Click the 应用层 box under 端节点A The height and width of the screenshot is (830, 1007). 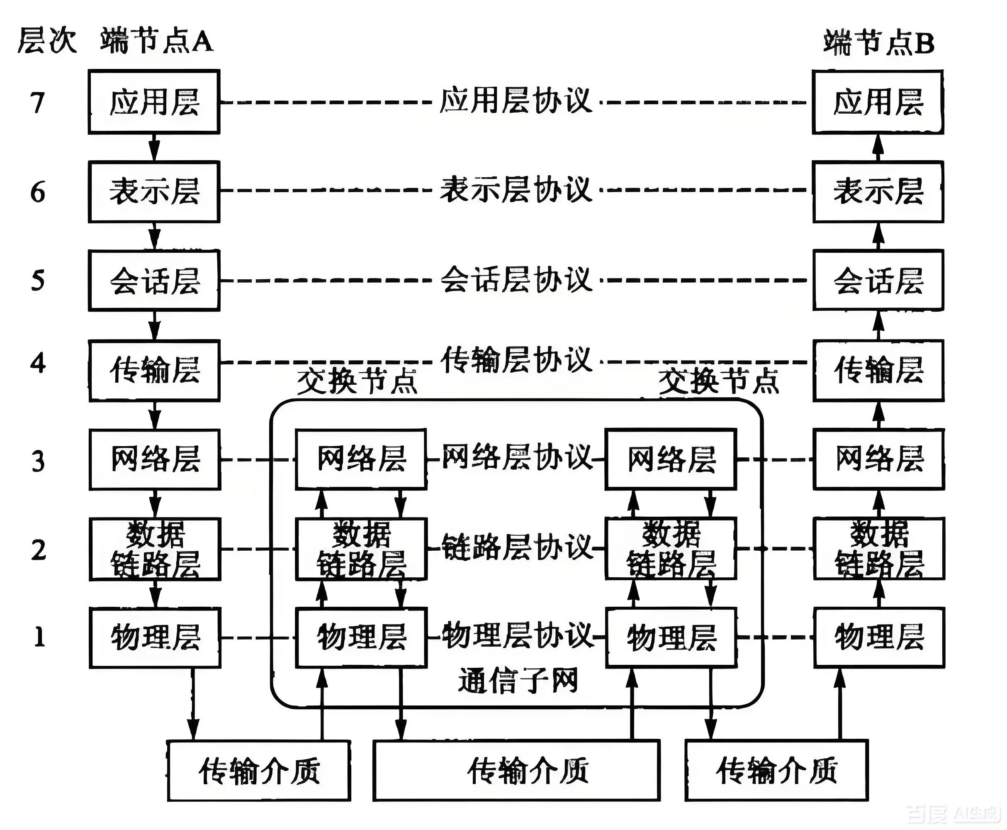(x=154, y=102)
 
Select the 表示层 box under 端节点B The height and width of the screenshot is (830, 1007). (x=878, y=192)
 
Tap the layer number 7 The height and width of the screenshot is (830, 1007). (x=37, y=103)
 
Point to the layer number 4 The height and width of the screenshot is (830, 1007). (x=38, y=364)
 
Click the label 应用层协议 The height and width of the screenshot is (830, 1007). (x=516, y=101)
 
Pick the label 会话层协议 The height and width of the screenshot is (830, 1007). (x=516, y=280)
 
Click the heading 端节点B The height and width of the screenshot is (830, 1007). (x=879, y=43)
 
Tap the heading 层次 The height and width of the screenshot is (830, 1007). (x=47, y=41)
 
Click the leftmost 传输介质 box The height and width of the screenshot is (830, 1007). (x=259, y=771)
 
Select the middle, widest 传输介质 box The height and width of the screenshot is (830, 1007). (x=516, y=771)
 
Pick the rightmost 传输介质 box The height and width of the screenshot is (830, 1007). (x=776, y=771)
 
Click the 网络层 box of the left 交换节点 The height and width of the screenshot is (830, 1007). (x=361, y=459)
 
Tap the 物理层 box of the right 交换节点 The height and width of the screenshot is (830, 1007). (x=671, y=638)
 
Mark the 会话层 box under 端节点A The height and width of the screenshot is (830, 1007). (x=154, y=281)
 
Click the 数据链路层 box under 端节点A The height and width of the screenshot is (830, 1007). (x=155, y=549)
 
